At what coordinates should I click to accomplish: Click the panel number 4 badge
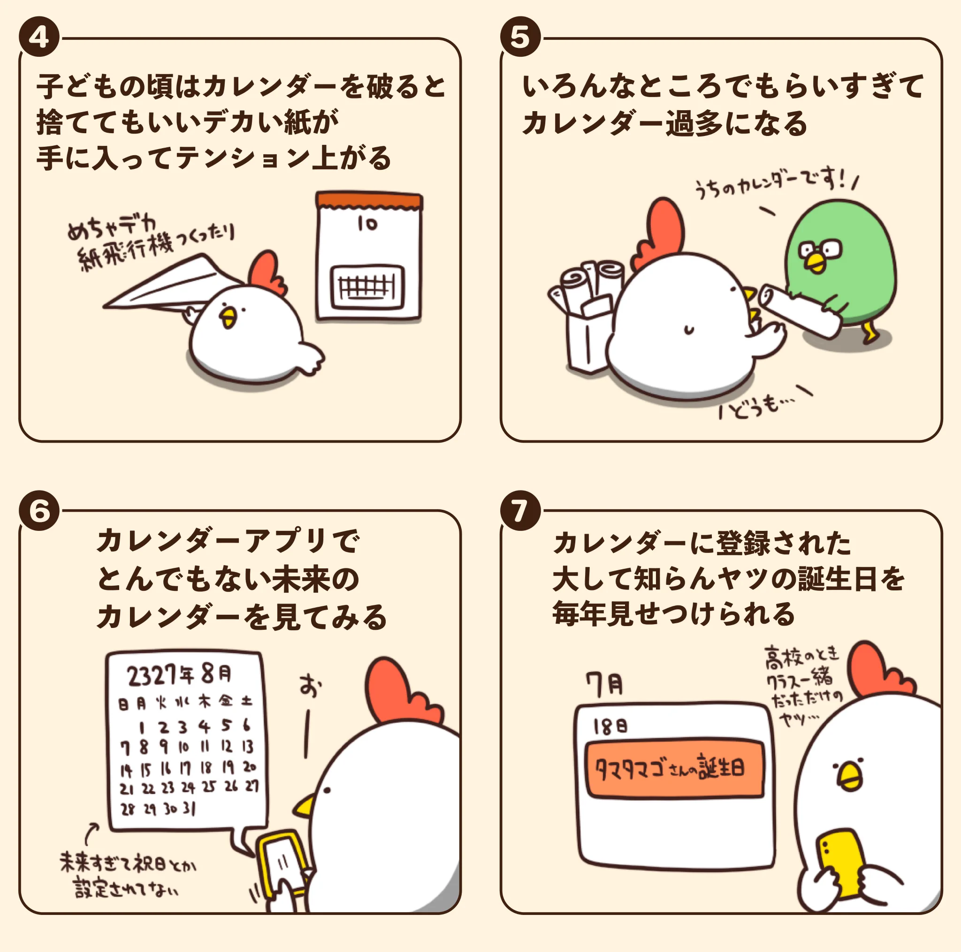pos(39,38)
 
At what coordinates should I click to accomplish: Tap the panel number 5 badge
pos(520,38)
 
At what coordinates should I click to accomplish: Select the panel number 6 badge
pos(39,511)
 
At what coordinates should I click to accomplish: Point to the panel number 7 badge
pos(520,511)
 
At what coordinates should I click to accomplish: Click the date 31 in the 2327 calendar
pos(189,809)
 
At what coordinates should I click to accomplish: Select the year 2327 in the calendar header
pos(152,675)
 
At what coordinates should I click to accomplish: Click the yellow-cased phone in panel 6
pos(281,865)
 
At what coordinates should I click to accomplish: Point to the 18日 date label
pos(610,727)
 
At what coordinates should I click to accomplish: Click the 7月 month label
pos(604,685)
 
